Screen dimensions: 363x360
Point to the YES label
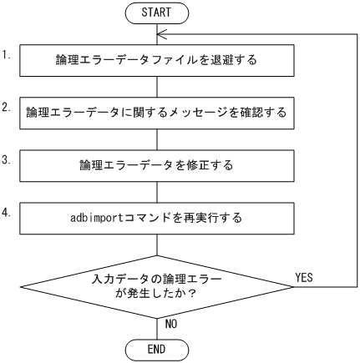(304, 278)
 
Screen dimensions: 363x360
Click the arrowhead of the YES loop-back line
(164, 34)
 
